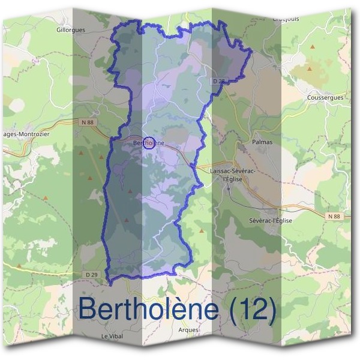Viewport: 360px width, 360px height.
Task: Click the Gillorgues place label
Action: click(71, 29)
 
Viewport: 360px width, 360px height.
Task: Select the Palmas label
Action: click(263, 142)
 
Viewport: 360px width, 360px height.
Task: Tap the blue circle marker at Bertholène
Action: click(149, 143)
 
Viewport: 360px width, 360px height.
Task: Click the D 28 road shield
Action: click(219, 80)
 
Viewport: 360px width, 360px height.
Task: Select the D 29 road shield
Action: click(92, 274)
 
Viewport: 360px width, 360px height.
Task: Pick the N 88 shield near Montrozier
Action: click(86, 122)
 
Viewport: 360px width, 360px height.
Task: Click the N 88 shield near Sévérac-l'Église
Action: click(334, 215)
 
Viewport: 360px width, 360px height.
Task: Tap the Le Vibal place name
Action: click(112, 336)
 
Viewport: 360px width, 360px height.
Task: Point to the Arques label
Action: click(188, 329)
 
